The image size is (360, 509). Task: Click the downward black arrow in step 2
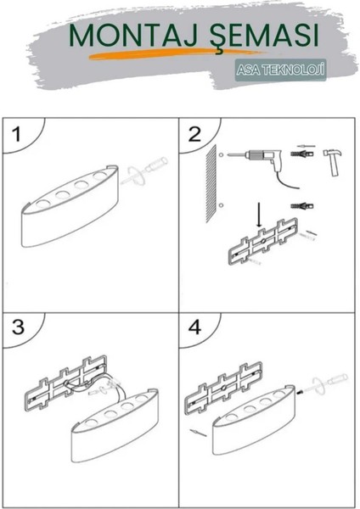[x=260, y=215]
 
